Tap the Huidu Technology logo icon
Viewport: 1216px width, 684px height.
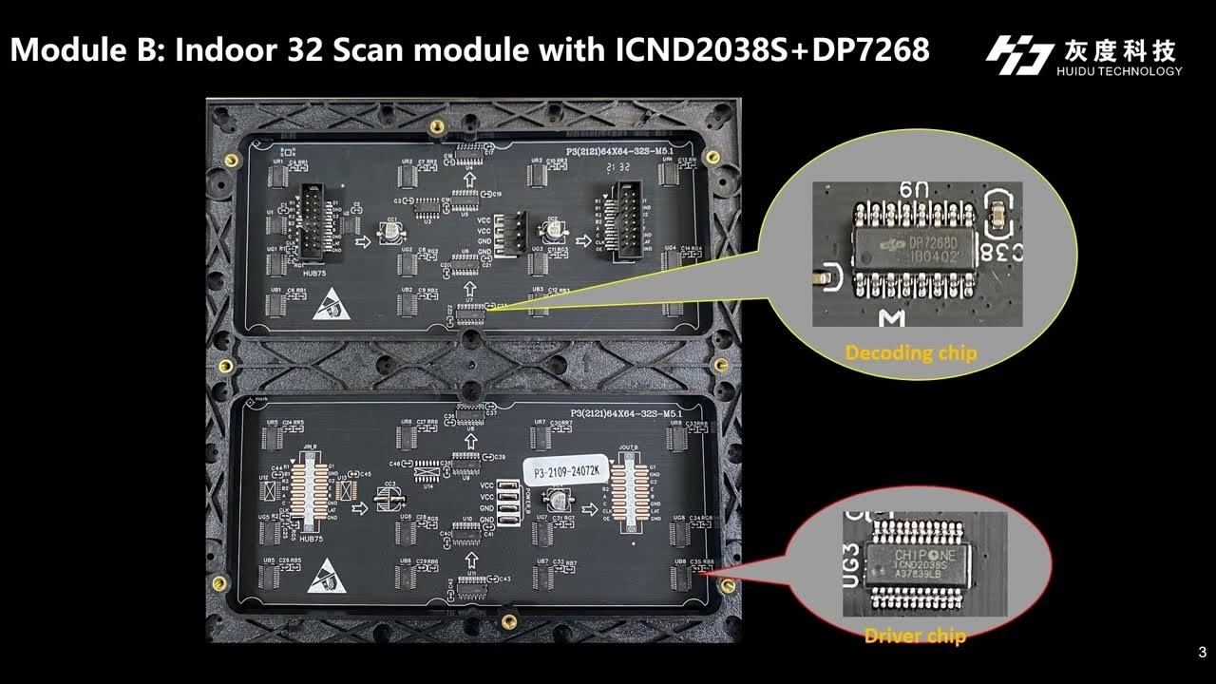click(1018, 55)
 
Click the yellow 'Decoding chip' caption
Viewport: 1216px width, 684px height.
click(910, 353)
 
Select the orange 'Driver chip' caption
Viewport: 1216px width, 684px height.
click(914, 636)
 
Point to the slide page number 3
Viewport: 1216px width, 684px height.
click(1202, 653)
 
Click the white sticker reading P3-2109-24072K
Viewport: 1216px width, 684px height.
click(563, 471)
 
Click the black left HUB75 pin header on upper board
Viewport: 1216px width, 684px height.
click(312, 219)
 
